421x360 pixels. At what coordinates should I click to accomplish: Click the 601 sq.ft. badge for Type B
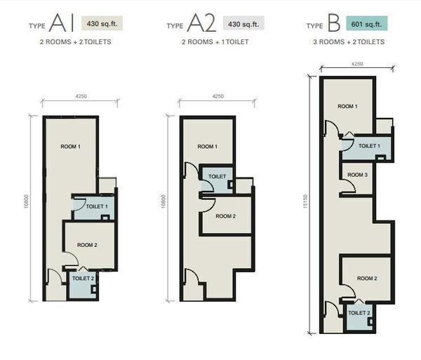coord(366,24)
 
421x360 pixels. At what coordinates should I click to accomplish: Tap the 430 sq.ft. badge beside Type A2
coord(243,24)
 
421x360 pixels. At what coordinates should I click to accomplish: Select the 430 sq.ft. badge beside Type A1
coord(102,23)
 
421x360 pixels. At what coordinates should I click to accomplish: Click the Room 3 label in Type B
coord(357,175)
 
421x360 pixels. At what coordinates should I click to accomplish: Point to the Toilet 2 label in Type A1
coord(83,279)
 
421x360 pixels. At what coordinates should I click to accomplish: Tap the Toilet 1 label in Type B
coord(369,146)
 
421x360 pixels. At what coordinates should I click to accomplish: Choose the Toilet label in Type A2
coord(218,177)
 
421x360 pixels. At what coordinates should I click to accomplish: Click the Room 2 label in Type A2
coord(225,216)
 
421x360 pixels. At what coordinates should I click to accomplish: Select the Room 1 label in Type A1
coord(71,147)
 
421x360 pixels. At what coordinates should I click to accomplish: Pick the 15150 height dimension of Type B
coord(305,202)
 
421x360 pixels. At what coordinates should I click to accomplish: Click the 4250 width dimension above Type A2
coord(218,96)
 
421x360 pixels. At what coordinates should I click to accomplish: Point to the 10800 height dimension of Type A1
coord(26,202)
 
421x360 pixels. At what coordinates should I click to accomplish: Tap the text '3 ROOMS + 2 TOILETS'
coord(349,42)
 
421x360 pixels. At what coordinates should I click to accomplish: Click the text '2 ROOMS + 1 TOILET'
coord(215,42)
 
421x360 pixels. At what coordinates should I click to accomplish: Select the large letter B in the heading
coord(334,23)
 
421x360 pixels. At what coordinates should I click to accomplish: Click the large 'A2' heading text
coord(201,23)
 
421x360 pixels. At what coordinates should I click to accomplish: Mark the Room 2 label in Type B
coord(367,279)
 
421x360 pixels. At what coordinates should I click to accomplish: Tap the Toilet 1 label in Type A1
coord(97,207)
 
